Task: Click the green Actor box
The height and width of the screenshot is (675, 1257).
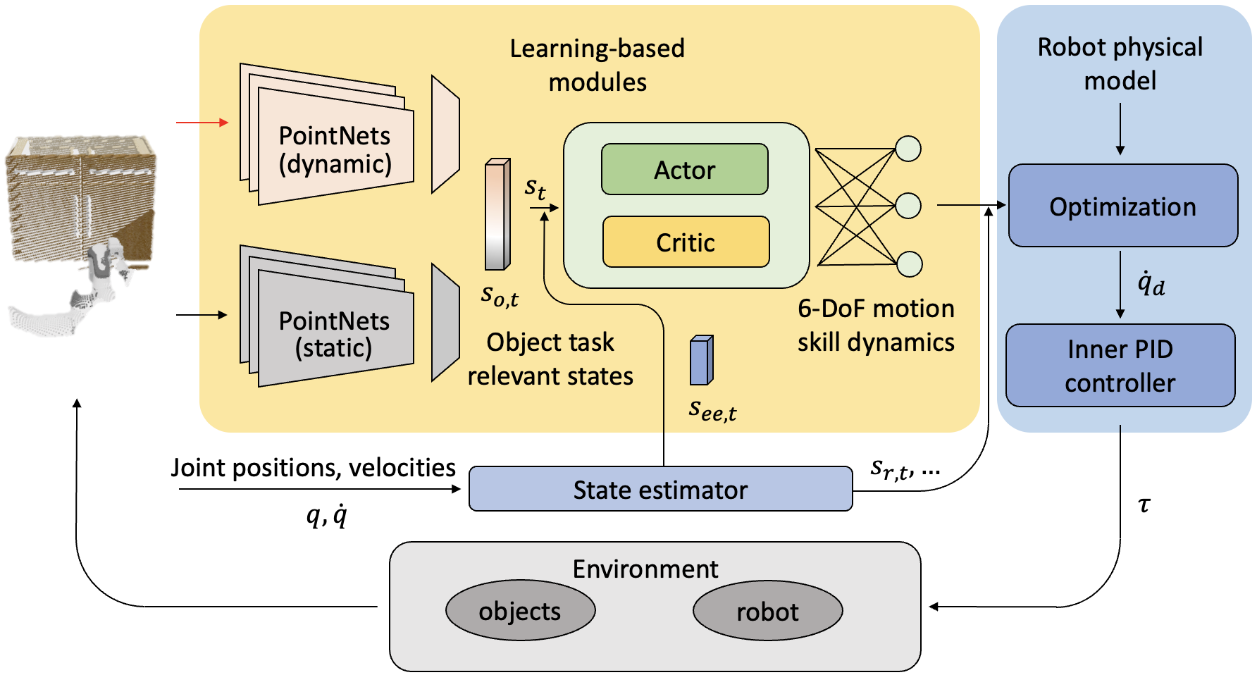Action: [x=684, y=170]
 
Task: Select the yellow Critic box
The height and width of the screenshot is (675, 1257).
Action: [x=686, y=242]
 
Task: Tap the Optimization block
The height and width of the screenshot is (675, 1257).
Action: [x=1122, y=206]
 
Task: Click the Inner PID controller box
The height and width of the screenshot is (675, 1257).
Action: [x=1120, y=366]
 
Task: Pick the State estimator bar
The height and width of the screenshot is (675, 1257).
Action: [x=660, y=490]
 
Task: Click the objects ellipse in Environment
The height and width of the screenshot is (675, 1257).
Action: [x=520, y=611]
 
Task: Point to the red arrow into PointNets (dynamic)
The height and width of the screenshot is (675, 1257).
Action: [x=202, y=123]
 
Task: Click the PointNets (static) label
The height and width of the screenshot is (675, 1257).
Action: [x=334, y=334]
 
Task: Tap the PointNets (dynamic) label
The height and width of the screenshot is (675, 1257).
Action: [x=335, y=149]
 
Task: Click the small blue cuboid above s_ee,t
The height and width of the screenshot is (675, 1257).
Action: [x=701, y=360]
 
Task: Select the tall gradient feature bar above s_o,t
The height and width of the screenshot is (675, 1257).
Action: [x=497, y=215]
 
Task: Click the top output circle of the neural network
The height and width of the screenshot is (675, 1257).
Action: [x=908, y=149]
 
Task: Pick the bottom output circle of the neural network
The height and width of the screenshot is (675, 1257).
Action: [x=909, y=264]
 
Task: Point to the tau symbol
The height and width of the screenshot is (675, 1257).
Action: [x=1144, y=504]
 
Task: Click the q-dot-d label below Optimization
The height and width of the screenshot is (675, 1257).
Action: [x=1150, y=284]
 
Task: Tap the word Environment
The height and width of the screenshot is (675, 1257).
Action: [x=645, y=569]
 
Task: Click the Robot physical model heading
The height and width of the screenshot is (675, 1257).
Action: [x=1120, y=63]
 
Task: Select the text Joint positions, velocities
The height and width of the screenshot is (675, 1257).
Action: [x=313, y=468]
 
